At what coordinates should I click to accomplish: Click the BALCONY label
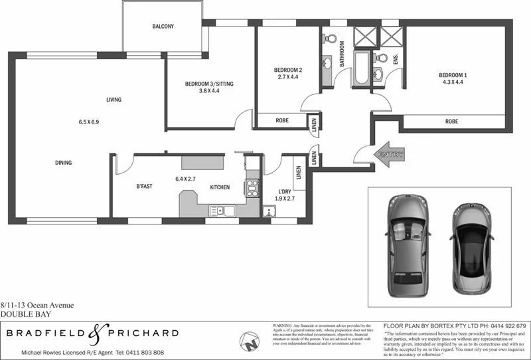163,27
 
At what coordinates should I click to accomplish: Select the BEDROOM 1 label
453,75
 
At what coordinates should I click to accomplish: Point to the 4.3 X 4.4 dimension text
453,83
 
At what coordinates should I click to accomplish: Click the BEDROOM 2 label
288,70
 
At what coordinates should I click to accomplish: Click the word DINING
64,163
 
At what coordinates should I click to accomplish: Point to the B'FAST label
144,187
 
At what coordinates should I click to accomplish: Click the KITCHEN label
220,187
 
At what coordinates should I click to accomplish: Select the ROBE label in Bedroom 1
451,122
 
